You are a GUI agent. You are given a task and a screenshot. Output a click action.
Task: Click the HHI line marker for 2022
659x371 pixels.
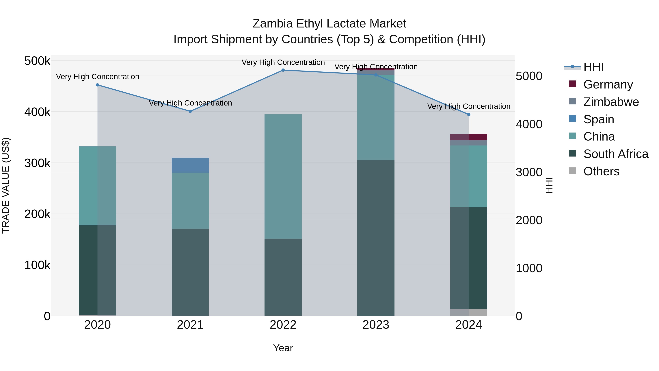tap(283, 70)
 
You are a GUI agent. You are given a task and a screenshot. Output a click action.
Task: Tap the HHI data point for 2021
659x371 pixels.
tap(190, 111)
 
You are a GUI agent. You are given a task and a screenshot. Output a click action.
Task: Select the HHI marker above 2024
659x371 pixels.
tap(468, 115)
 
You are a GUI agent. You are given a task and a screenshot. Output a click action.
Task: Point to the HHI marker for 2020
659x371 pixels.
tap(97, 85)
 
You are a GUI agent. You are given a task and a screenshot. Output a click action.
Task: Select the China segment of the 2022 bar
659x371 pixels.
tap(283, 176)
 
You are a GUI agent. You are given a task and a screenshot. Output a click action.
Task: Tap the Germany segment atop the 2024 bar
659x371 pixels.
tap(468, 137)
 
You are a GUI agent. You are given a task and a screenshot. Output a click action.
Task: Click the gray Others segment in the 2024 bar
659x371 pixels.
tap(468, 312)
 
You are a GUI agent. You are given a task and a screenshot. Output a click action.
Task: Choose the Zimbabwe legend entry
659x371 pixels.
tap(611, 102)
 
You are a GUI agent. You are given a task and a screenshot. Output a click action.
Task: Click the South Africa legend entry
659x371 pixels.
tap(615, 154)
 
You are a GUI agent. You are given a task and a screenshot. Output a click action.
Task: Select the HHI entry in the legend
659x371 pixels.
tap(593, 67)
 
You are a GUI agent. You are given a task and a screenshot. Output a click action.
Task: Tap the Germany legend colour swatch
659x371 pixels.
tap(572, 84)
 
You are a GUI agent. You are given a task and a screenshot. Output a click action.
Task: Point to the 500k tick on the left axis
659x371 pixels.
tap(37, 61)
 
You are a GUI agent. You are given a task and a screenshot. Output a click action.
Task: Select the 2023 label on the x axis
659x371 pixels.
tap(376, 325)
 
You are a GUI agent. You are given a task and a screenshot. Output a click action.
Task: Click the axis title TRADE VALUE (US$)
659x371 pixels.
tap(6, 185)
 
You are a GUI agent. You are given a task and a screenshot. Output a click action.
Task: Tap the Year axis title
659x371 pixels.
tap(283, 348)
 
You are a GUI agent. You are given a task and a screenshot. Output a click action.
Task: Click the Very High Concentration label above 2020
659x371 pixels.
tap(97, 77)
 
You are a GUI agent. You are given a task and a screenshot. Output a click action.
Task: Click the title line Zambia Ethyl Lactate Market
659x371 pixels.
tap(329, 24)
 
